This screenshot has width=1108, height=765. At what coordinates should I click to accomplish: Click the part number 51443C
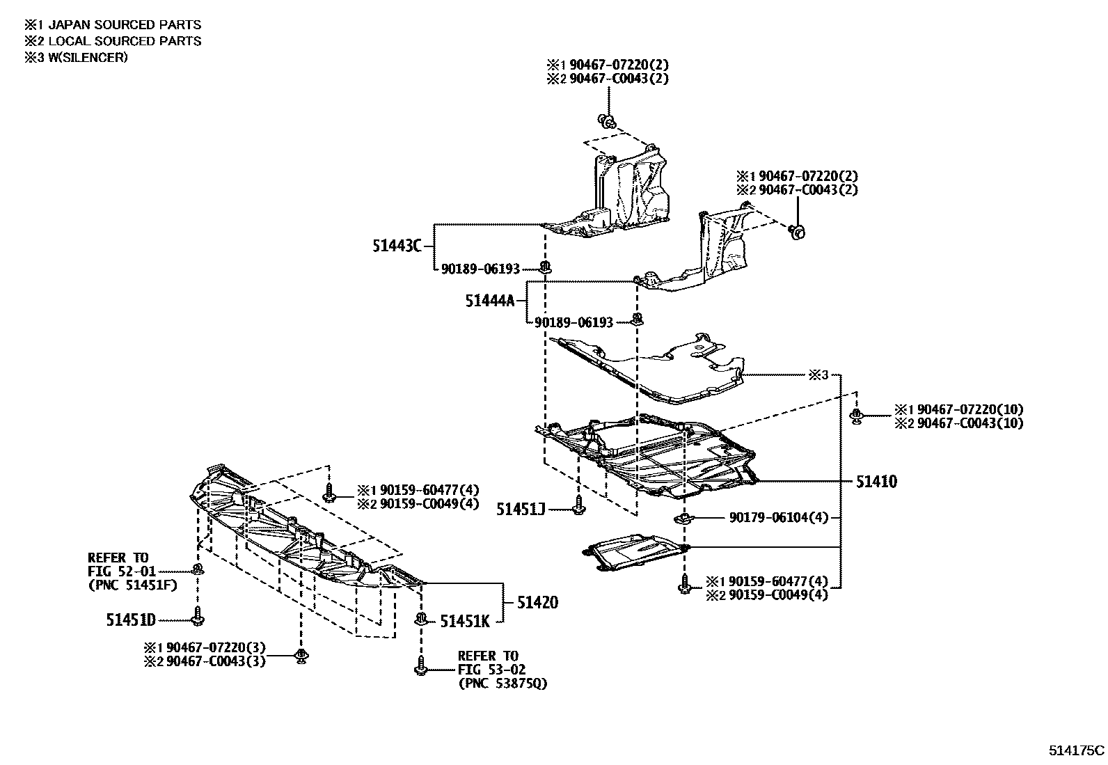397,246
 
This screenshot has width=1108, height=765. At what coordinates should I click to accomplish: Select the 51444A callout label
489,301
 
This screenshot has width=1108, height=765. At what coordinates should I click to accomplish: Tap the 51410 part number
876,481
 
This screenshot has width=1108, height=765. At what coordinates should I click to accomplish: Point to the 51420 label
537,602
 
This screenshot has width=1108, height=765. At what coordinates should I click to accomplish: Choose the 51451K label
464,621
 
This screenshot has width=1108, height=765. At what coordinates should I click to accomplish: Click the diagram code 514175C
1076,750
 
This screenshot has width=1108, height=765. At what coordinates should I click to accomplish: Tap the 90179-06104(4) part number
779,517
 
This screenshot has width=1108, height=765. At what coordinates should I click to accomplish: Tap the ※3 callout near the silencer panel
818,375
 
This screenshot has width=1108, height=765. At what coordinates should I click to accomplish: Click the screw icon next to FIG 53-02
420,669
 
